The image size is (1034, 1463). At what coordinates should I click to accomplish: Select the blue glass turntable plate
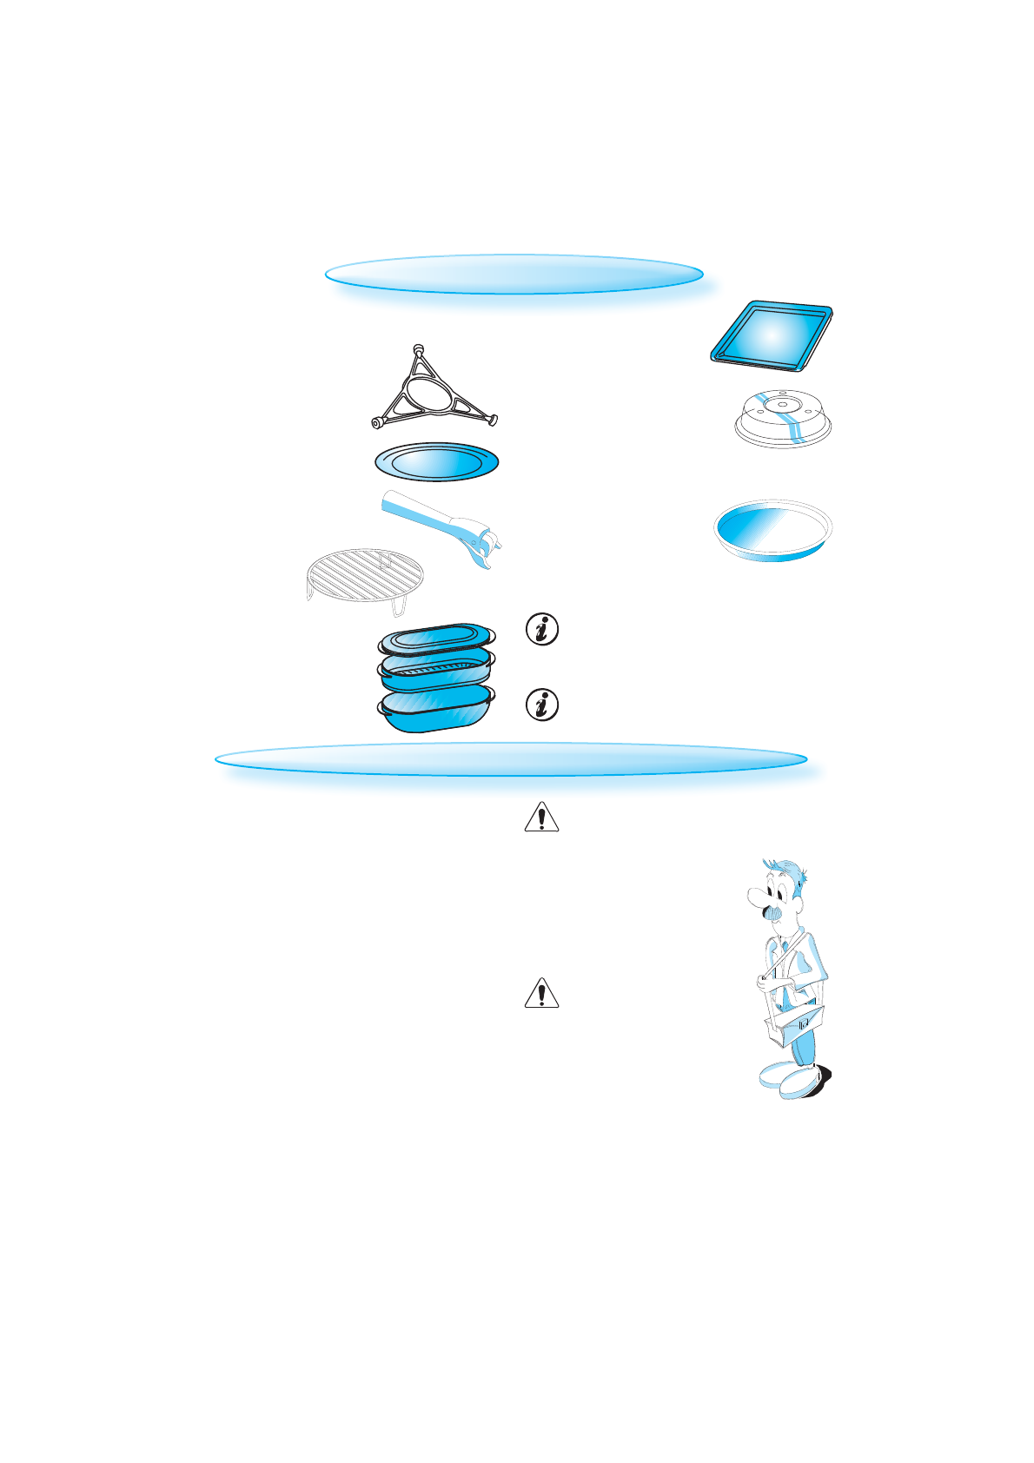pos(436,461)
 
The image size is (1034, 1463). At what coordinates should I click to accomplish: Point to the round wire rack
pos(365,574)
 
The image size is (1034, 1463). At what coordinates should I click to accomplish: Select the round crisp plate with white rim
pos(772,529)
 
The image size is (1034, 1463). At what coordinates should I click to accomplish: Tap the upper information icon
pos(543,629)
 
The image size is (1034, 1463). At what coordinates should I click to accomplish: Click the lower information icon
pos(543,705)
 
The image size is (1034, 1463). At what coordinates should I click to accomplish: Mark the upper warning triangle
pos(541,818)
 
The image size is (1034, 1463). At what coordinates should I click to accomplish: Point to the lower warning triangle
pos(541,993)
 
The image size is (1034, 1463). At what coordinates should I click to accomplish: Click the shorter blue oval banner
pos(514,275)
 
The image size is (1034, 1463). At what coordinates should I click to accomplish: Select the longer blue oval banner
pos(511,759)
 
